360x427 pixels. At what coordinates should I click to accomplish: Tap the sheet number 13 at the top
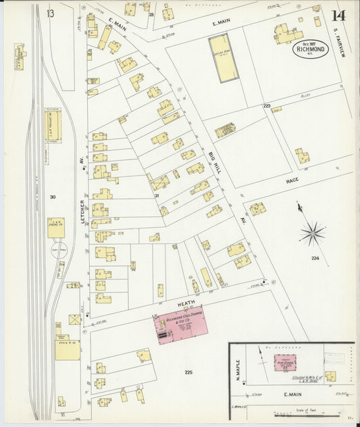50,13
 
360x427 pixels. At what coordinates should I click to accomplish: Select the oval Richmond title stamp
310,49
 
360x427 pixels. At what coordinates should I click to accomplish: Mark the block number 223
267,106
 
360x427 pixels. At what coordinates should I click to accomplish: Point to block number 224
315,258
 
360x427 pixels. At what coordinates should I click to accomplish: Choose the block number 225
188,371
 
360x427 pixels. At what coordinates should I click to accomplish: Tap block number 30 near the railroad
51,197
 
